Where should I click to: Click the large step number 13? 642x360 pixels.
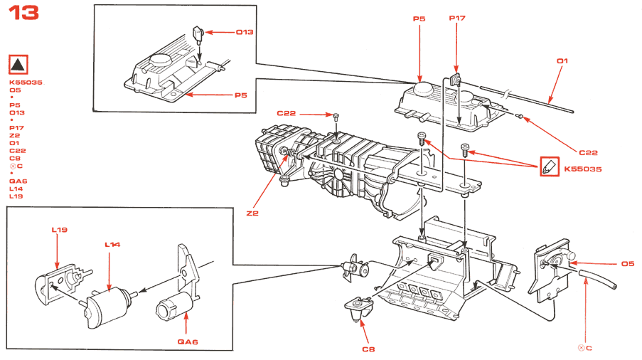24,14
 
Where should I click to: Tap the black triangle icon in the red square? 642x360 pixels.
18,65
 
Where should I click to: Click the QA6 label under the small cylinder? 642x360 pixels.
187,342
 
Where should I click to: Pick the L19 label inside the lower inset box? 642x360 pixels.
59,230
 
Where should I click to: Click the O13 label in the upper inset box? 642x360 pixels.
245,32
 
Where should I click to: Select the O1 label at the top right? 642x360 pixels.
562,61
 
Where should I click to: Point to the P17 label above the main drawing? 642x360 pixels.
456,19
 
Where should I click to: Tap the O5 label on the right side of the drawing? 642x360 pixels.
627,264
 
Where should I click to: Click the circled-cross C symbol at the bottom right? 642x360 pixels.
584,347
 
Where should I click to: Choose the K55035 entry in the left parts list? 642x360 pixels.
26,83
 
